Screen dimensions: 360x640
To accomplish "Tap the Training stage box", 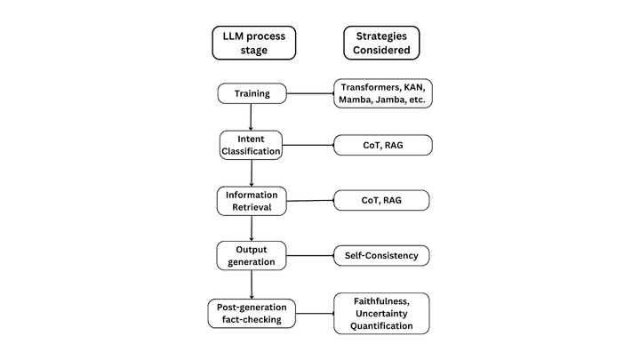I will (252, 93).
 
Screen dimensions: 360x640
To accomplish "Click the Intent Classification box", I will (252, 145).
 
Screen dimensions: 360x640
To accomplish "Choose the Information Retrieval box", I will (252, 200).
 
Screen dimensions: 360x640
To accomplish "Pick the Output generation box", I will (252, 255).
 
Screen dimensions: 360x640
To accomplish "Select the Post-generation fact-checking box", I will (252, 313).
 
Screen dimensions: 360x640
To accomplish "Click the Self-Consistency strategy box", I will (381, 256).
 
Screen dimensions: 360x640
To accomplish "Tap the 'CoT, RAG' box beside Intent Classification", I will (381, 145).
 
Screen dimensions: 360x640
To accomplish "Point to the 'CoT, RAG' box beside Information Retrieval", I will (381, 200).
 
